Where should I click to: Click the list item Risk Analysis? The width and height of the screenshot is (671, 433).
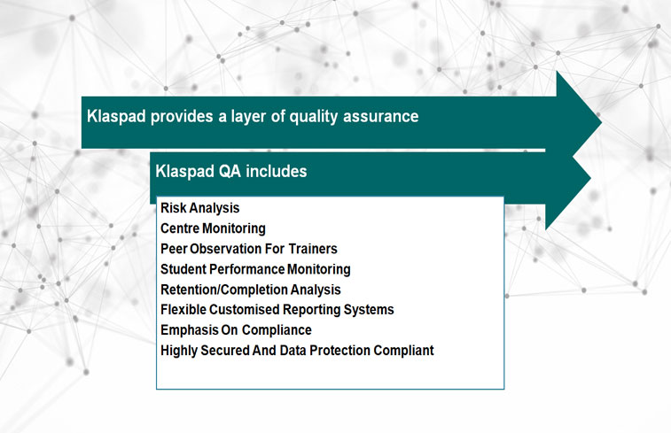pos(199,208)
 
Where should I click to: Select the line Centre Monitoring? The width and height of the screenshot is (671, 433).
pos(213,228)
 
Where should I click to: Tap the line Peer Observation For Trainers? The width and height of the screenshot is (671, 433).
pos(248,249)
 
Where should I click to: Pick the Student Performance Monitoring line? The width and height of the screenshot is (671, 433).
pos(255,269)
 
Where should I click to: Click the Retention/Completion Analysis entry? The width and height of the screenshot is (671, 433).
pos(250,290)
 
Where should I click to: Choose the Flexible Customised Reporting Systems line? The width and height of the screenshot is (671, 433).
pos(277,309)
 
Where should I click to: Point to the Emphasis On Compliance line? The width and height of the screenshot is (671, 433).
pos(236,330)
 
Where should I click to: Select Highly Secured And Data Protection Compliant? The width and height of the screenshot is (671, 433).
pos(297,351)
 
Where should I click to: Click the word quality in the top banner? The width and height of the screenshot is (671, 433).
pos(313,117)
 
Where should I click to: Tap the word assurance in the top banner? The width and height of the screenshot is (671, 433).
pos(381,117)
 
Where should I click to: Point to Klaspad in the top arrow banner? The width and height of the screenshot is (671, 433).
pos(116,117)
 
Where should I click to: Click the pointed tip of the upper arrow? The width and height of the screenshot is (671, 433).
pos(601,122)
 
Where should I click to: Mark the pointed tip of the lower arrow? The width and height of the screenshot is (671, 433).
pos(590,178)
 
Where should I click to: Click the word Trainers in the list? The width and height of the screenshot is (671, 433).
pos(313,249)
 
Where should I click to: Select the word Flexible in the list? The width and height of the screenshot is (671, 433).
pos(183,309)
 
